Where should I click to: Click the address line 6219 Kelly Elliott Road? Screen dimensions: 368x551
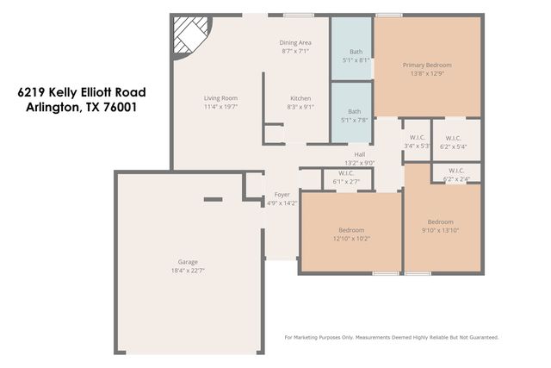coord(83,92)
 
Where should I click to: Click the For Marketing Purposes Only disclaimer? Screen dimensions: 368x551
coord(392,337)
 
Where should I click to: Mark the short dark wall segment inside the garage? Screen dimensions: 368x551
coord(213,200)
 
